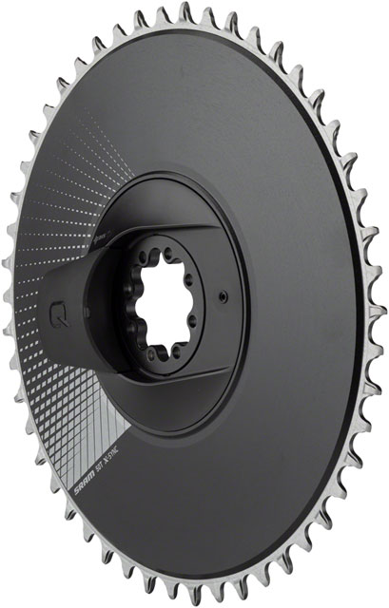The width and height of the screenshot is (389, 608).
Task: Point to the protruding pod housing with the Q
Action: tap(71, 304)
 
